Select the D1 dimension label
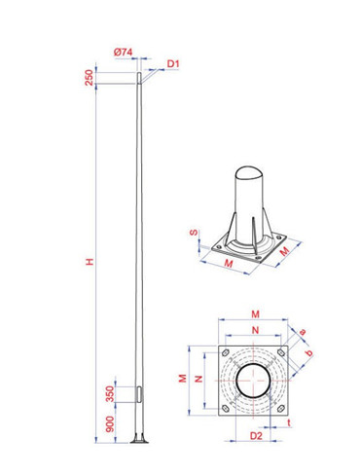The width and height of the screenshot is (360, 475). pyautogui.click(x=172, y=64)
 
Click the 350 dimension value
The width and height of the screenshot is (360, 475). pyautogui.click(x=110, y=393)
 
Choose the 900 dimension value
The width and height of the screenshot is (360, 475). pyautogui.click(x=110, y=424)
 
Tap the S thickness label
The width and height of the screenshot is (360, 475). pyautogui.click(x=194, y=234)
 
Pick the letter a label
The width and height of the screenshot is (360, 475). pyautogui.click(x=302, y=332)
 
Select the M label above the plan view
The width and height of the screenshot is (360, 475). pyautogui.click(x=256, y=313)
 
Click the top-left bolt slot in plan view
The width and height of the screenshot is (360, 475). pyautogui.click(x=227, y=352)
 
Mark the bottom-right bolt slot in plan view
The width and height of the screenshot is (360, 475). pyautogui.click(x=282, y=408)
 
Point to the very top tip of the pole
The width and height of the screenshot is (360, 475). pyautogui.click(x=142, y=68)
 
